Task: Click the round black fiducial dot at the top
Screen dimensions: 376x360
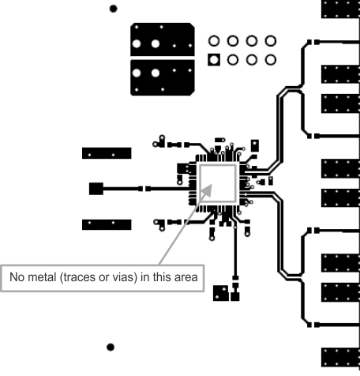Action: coord(114,9)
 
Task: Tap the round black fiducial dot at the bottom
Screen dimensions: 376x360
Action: coord(111,346)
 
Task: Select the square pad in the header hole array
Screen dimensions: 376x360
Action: coord(213,59)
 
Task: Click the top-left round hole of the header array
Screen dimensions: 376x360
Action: coord(213,40)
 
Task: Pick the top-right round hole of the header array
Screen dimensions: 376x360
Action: coord(271,40)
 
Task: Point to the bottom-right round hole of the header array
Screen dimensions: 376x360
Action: coord(271,59)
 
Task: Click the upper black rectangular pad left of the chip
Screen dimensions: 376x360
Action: coord(107,152)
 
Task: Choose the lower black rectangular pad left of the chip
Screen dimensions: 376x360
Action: coord(107,224)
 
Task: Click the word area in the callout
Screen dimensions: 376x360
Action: coord(190,277)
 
